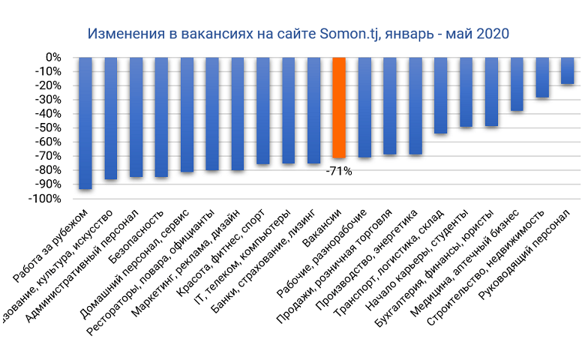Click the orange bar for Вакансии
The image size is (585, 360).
339,108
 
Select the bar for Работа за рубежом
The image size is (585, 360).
85,123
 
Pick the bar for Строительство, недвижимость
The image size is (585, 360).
542,77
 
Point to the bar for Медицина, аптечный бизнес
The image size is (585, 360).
517,84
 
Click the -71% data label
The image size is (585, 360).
338,171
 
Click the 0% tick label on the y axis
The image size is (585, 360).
54,57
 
